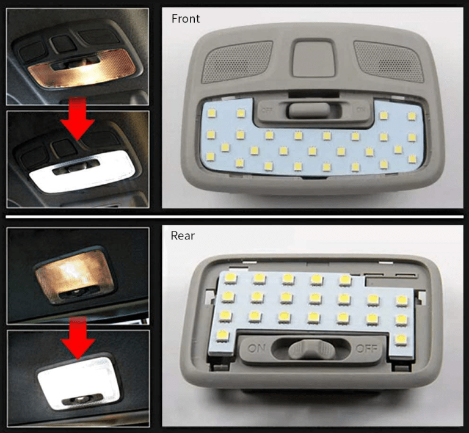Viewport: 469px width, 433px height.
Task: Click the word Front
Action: (186, 18)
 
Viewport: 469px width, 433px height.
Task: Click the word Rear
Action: (183, 236)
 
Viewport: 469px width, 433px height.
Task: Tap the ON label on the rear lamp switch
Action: (256, 347)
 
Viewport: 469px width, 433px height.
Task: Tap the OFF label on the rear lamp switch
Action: (366, 349)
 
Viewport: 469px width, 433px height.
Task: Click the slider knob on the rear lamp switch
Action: (311, 349)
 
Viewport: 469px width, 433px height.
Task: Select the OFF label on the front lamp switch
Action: (267, 110)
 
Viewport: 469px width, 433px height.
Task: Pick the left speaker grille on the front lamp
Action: (238, 61)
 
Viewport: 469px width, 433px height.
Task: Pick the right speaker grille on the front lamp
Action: (389, 61)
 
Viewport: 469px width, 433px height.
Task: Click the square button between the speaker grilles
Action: (314, 58)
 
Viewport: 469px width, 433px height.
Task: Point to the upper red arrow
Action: (78, 118)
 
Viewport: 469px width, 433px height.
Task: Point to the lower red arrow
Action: (78, 338)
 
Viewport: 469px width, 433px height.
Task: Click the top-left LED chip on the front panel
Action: (212, 113)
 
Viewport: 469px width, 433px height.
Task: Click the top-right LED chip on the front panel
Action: (412, 116)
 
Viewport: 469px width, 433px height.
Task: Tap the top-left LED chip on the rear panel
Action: (230, 278)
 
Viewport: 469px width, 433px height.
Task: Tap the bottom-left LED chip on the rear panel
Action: (222, 335)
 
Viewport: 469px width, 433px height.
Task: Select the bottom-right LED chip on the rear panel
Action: (401, 339)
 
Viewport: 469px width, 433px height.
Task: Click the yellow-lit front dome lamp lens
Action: (82, 68)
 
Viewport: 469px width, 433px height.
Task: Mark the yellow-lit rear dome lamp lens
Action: (74, 275)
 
